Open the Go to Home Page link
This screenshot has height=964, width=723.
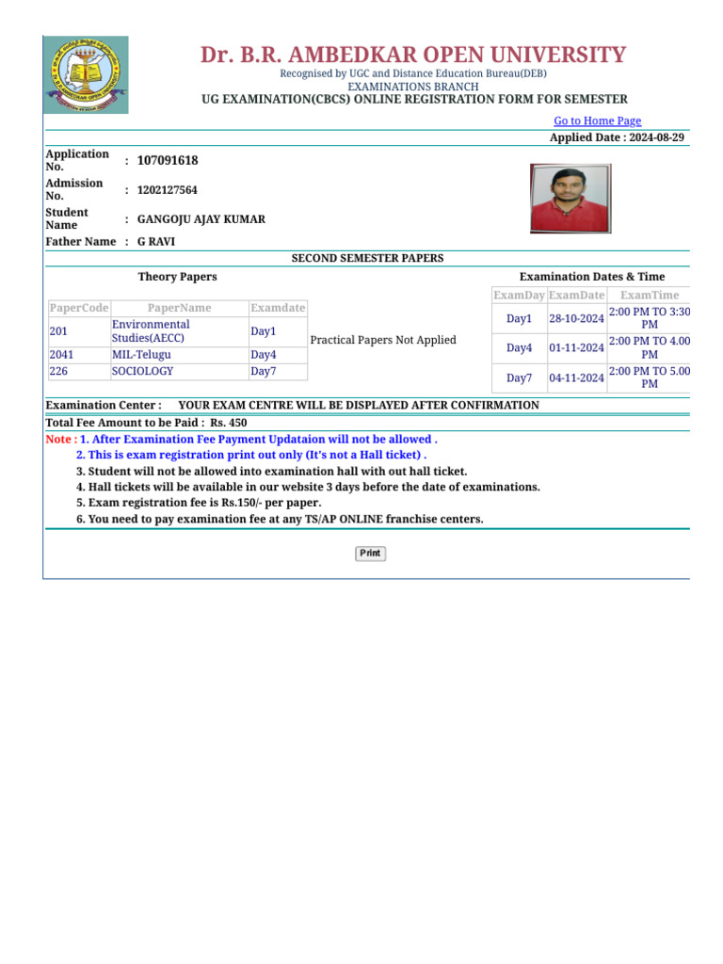click(597, 120)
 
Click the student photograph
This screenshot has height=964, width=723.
click(570, 199)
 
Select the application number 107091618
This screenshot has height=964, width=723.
click(168, 161)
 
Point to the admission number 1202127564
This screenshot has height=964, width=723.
click(167, 190)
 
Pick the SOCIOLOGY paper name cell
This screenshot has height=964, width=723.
click(142, 372)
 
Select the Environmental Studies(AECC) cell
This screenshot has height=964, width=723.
click(151, 331)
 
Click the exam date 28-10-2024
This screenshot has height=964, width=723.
click(576, 319)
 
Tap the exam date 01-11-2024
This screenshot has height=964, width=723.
click(576, 348)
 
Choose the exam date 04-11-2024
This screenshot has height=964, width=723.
click(576, 378)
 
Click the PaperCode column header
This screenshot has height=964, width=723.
click(79, 308)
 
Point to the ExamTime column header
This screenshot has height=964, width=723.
click(650, 296)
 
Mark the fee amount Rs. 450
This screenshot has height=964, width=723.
click(229, 423)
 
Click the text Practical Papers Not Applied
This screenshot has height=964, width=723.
click(382, 340)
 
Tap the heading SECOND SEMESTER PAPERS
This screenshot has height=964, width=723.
click(367, 258)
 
